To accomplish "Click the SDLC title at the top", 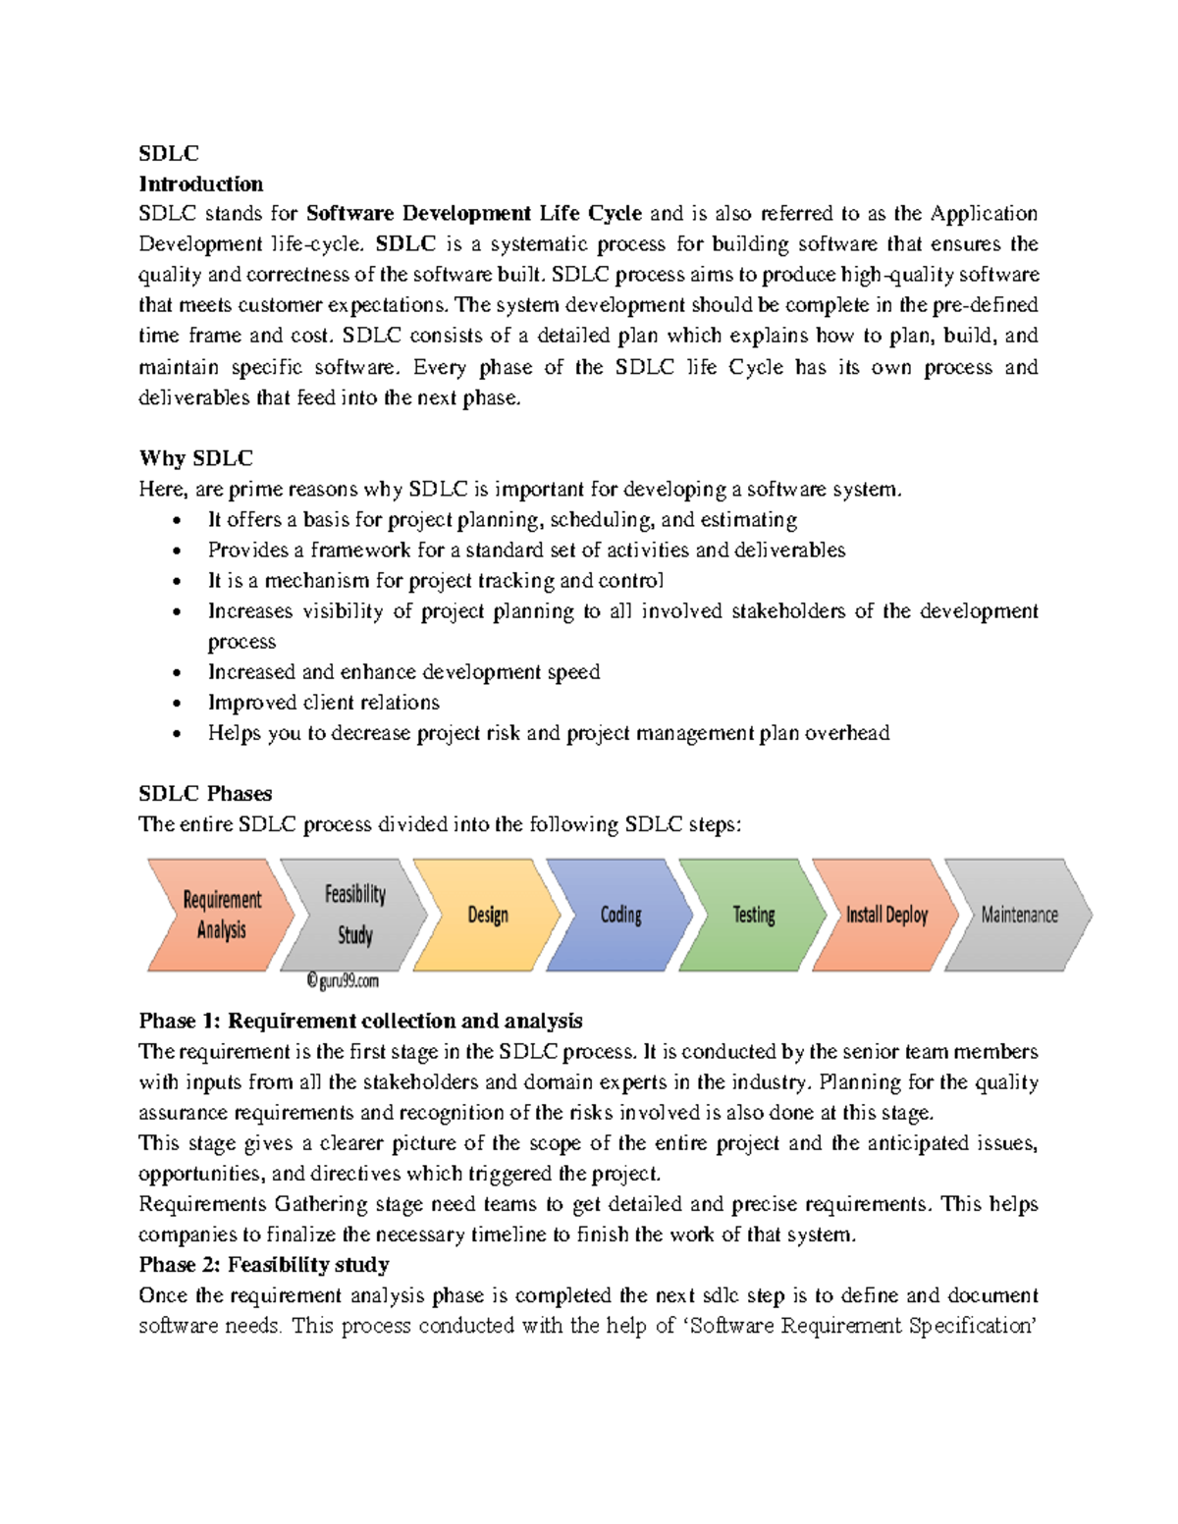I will click(x=168, y=153).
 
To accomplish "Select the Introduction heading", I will click(x=200, y=184).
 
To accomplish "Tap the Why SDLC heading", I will click(x=195, y=458).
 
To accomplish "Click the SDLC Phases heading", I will click(x=205, y=793).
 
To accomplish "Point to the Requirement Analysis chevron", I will click(x=221, y=915).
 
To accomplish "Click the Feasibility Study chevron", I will click(x=354, y=915).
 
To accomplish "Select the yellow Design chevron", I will click(x=487, y=915).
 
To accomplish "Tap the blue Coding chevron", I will click(x=620, y=915).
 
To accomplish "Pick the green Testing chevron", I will click(x=753, y=915).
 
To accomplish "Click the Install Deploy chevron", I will click(x=885, y=915).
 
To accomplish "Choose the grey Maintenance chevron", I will click(x=1019, y=915).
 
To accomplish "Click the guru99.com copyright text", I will click(x=342, y=980).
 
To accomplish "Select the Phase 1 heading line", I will click(x=360, y=1021).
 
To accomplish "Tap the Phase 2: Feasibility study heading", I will click(x=264, y=1264).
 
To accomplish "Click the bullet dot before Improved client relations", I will click(x=177, y=704).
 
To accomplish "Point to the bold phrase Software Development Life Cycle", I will click(x=474, y=213).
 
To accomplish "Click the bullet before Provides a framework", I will click(x=177, y=552).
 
